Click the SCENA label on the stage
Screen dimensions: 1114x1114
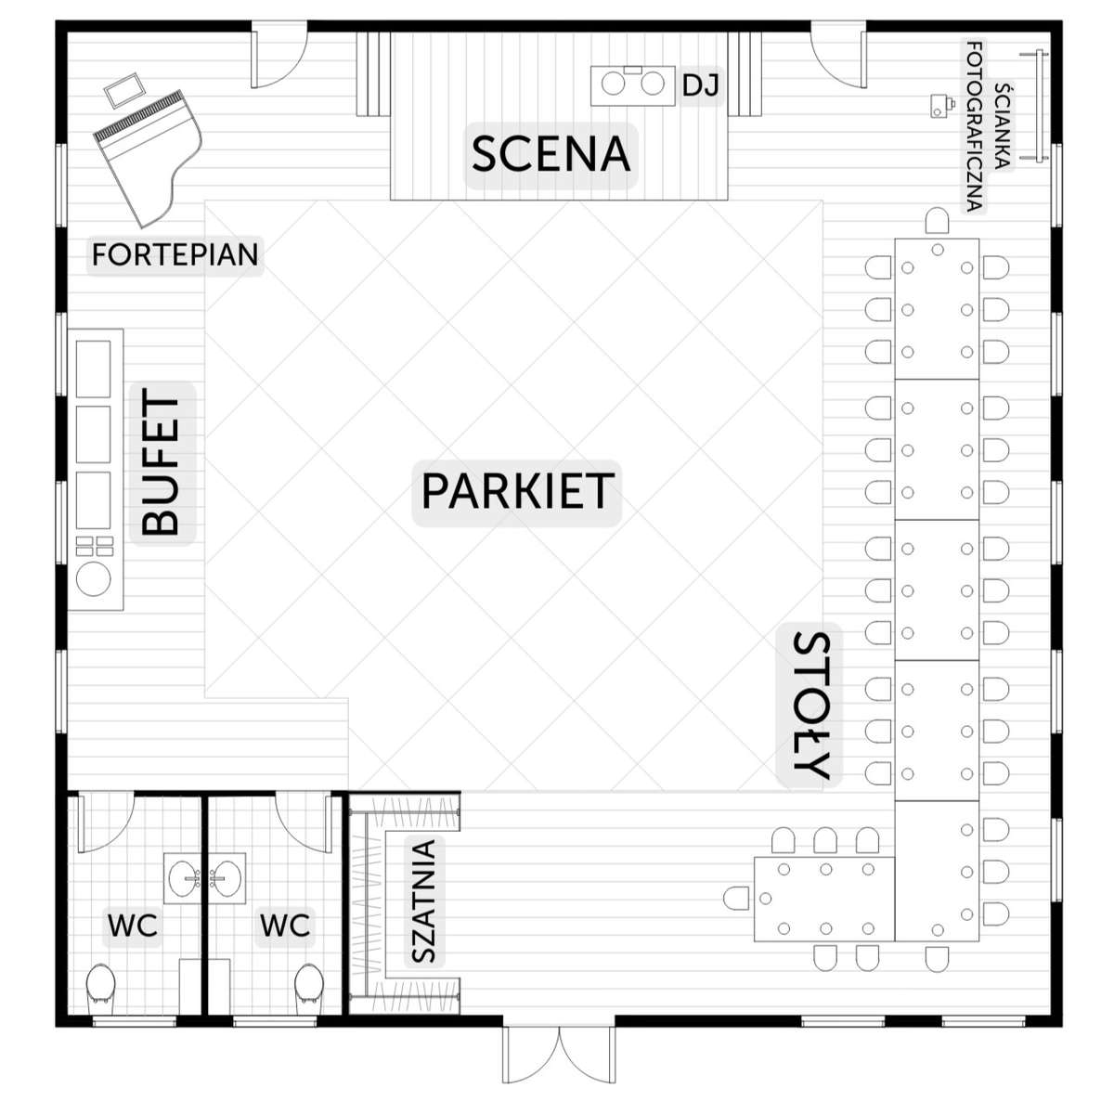point(551,155)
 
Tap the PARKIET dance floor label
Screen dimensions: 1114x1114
point(517,491)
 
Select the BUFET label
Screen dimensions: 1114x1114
point(162,464)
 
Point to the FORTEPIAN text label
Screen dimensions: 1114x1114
point(175,254)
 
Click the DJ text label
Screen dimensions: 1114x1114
point(701,86)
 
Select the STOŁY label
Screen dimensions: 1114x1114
point(810,706)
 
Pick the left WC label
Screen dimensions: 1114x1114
point(133,926)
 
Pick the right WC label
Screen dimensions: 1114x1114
point(285,926)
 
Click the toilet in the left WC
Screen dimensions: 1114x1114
point(100,989)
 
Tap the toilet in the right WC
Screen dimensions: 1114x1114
point(309,989)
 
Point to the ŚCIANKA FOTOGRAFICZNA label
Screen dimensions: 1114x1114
point(988,125)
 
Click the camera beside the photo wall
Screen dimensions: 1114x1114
point(940,106)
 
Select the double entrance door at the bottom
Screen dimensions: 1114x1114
point(559,1058)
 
